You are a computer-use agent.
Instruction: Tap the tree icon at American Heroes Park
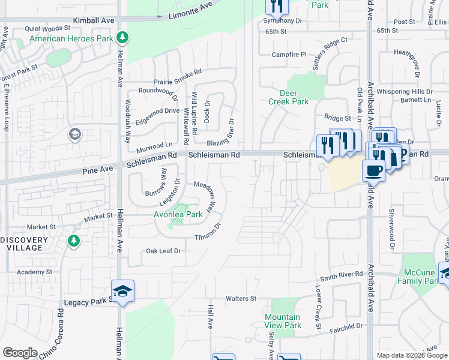coord(122,38)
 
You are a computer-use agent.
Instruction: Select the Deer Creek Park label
coord(294,97)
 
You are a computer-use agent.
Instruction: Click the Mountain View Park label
coord(283,321)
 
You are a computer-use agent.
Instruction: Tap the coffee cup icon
coord(373,170)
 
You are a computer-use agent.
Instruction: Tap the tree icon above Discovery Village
coord(74,241)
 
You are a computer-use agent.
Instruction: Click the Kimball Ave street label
coord(94,20)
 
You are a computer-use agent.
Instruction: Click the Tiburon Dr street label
coord(208,232)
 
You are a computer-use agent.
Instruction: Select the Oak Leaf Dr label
coord(163,251)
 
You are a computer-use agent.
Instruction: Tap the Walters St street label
coord(241,298)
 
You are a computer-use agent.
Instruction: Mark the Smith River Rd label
coord(341,274)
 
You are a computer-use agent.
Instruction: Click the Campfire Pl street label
coord(289,54)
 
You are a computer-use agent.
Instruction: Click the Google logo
coord(20,353)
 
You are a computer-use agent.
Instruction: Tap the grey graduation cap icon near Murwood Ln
coord(75,134)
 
